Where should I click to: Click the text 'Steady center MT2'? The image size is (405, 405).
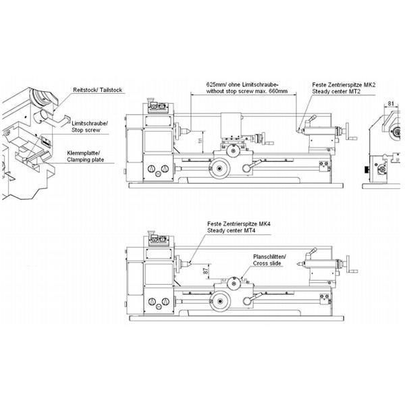click(x=340, y=93)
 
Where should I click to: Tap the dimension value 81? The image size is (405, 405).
click(x=392, y=103)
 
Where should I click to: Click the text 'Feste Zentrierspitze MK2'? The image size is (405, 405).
click(x=340, y=86)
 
